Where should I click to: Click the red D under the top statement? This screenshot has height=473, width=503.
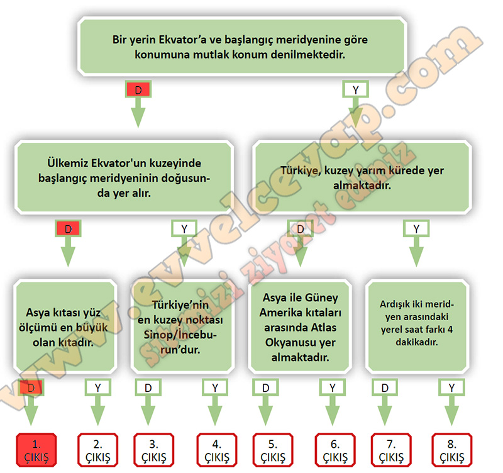click(x=138, y=90)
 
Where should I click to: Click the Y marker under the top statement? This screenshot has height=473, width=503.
click(x=356, y=90)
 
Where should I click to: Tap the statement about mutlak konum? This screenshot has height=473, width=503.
click(x=240, y=47)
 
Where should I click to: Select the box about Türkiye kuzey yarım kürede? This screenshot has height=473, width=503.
click(x=361, y=178)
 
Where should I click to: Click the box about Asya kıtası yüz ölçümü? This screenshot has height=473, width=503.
click(x=65, y=327)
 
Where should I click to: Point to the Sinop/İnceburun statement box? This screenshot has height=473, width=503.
click(x=186, y=327)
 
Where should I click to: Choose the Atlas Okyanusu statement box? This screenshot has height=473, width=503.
click(x=301, y=327)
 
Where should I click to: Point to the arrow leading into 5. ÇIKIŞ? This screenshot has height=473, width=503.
click(x=267, y=412)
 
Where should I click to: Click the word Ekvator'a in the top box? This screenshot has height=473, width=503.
click(x=185, y=40)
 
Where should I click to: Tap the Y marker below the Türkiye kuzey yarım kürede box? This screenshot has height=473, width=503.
click(x=416, y=228)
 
